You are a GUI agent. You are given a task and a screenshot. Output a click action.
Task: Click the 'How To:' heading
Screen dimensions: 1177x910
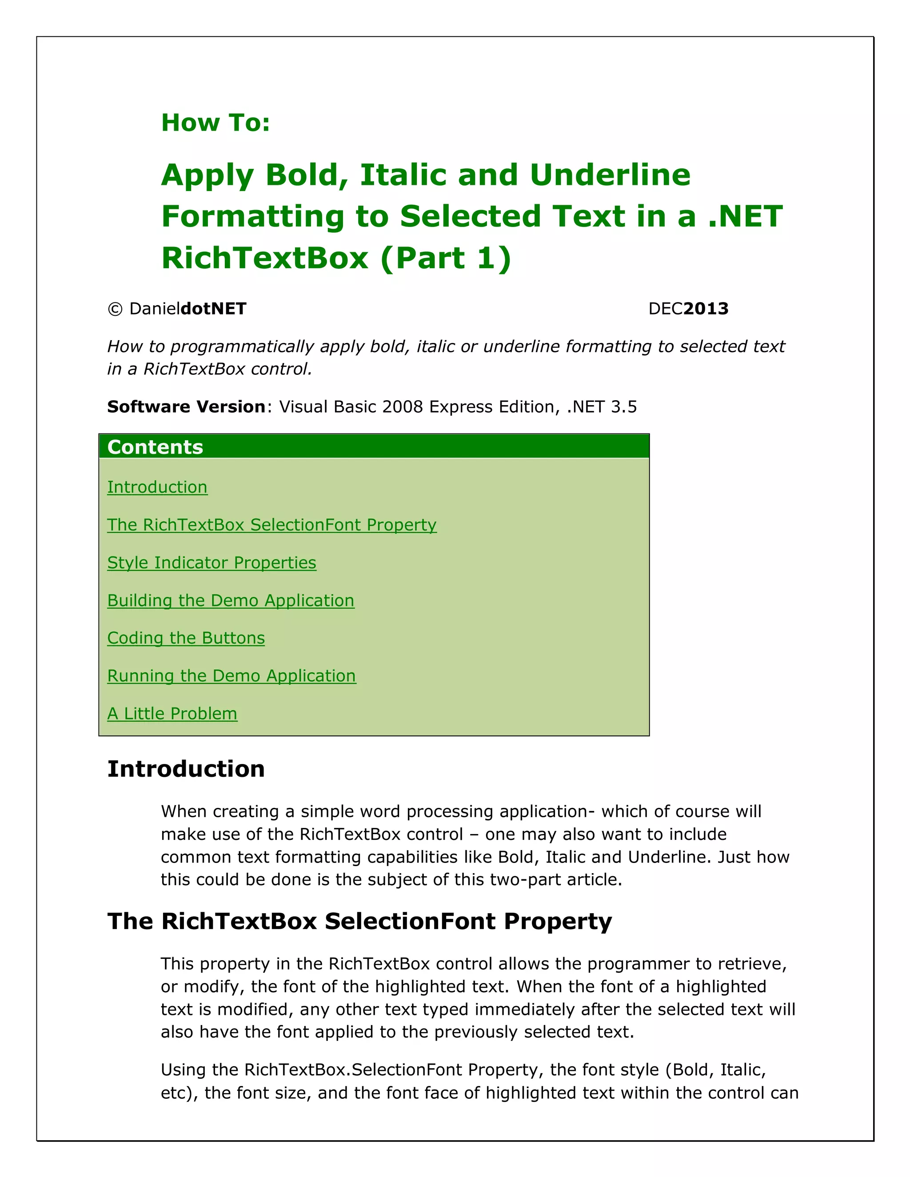tap(215, 123)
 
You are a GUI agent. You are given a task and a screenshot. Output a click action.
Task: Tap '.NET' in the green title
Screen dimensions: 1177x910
tap(745, 216)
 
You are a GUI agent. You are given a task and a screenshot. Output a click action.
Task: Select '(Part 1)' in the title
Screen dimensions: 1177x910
tap(445, 258)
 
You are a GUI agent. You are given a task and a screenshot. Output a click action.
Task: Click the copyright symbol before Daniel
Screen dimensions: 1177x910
tap(115, 309)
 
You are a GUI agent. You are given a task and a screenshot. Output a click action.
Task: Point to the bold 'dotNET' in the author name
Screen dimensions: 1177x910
tap(213, 309)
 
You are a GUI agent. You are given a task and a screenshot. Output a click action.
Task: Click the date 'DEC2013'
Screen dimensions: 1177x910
tap(688, 309)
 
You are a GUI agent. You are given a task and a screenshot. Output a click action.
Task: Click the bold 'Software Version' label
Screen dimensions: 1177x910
tap(186, 406)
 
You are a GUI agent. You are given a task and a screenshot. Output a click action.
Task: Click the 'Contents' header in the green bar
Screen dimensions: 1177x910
tap(155, 447)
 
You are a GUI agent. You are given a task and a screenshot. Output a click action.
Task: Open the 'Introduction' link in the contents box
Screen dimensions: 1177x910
tap(157, 487)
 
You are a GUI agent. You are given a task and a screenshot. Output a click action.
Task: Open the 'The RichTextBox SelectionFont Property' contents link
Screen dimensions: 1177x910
tap(271, 525)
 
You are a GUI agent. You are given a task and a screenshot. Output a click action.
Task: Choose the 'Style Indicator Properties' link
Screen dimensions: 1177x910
tap(212, 563)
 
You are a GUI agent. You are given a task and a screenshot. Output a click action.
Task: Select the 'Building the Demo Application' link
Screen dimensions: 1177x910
tap(231, 600)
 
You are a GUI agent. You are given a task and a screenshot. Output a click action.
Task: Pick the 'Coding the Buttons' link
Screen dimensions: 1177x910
tap(186, 638)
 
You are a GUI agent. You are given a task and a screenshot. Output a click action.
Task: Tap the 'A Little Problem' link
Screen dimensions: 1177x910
tap(172, 714)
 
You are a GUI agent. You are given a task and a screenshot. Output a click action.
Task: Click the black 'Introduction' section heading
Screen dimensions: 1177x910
tap(186, 769)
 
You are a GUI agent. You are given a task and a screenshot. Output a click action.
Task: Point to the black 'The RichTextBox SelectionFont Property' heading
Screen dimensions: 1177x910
tap(359, 921)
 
